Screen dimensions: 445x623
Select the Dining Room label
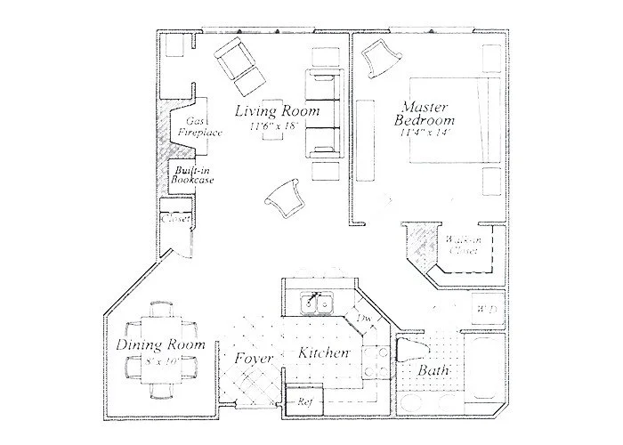161,344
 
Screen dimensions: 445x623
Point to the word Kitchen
323,354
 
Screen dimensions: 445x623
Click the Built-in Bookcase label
193,174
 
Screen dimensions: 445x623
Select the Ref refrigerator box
303,401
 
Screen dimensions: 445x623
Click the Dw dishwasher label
363,318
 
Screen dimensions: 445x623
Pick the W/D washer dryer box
489,307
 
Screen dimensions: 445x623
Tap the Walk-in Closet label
464,246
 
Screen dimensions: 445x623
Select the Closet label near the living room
174,221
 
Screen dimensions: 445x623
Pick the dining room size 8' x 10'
160,362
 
